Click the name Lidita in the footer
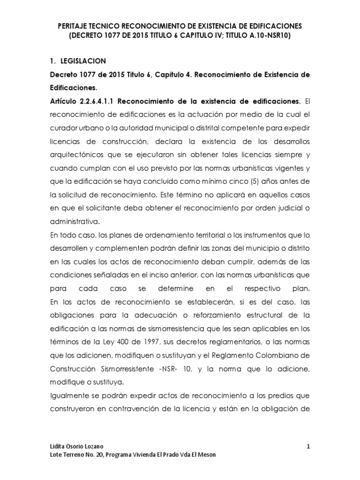click(x=58, y=447)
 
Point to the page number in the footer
click(x=308, y=447)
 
